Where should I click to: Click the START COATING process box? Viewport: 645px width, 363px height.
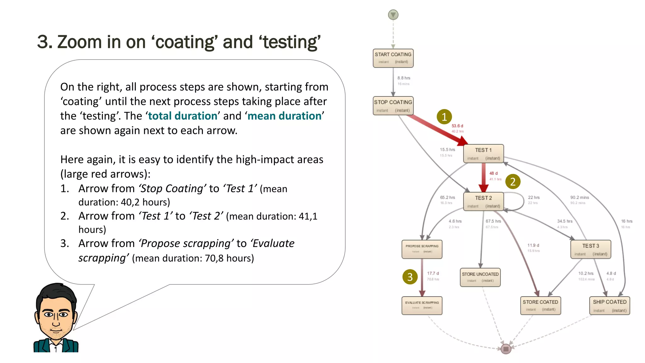click(x=393, y=58)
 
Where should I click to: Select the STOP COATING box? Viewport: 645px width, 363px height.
click(x=393, y=106)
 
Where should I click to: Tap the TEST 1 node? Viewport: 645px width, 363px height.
click(x=483, y=153)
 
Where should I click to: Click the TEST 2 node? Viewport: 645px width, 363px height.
click(x=483, y=201)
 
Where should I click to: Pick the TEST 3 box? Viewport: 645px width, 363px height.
click(x=591, y=249)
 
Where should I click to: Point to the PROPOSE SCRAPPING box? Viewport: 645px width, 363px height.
click(x=422, y=249)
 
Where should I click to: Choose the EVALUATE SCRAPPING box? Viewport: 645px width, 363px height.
click(x=422, y=305)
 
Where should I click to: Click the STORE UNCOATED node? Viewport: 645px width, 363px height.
click(x=480, y=277)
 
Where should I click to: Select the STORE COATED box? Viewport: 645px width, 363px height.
click(x=540, y=305)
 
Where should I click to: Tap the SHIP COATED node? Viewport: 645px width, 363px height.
click(x=609, y=305)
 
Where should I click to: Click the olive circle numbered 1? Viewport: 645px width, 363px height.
click(x=444, y=117)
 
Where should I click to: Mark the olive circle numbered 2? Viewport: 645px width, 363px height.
click(x=513, y=182)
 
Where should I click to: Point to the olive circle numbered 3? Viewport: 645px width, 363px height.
click(x=410, y=277)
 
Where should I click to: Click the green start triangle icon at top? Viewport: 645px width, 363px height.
click(x=393, y=14)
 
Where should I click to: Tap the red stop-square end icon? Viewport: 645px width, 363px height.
click(x=506, y=349)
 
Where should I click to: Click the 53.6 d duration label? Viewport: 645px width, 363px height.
click(x=457, y=126)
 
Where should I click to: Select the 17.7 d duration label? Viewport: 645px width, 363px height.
click(x=433, y=273)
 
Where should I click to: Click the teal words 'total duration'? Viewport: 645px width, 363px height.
click(x=183, y=116)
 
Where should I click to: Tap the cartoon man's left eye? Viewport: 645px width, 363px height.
click(x=49, y=314)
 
